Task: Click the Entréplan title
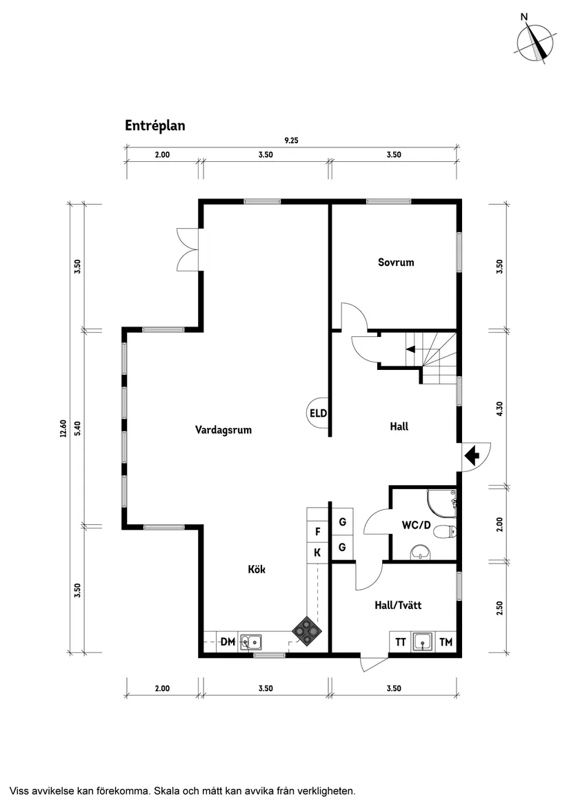point(155,125)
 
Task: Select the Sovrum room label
point(396,262)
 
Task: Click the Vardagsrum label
point(223,430)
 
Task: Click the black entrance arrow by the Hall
point(472,455)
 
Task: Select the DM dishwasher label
point(228,642)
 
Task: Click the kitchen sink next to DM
point(251,642)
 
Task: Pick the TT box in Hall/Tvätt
point(400,642)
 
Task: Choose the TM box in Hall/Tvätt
point(446,642)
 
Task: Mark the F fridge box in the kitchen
point(317,531)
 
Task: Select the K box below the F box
point(317,553)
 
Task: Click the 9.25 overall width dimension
point(292,140)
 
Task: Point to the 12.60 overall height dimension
point(63,429)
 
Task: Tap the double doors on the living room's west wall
point(188,249)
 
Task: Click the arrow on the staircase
point(410,349)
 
